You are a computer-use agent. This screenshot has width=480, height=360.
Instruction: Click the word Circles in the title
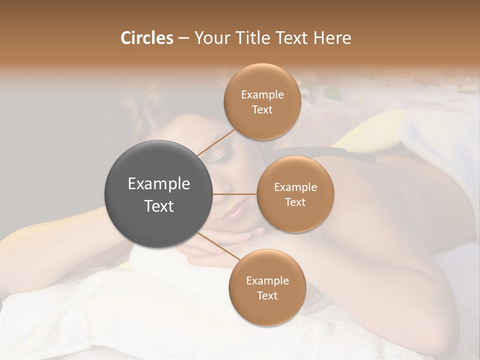[x=146, y=38]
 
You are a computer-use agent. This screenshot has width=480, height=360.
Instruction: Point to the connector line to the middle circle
[x=235, y=194]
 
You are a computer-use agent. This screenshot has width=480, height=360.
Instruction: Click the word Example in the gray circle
[x=159, y=184]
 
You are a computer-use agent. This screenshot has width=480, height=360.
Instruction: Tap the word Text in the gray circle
[x=159, y=206]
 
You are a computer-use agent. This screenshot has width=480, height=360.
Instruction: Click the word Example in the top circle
[x=262, y=94]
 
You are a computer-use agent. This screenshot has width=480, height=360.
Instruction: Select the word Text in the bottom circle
[x=267, y=295]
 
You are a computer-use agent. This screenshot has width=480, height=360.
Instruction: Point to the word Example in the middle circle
[x=295, y=187]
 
